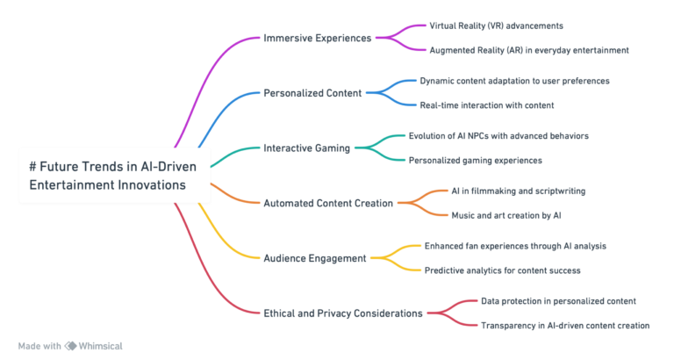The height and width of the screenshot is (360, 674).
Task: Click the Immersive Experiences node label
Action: tap(317, 38)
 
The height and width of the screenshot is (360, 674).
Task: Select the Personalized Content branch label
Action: tap(312, 92)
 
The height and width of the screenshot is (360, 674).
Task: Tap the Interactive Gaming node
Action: tap(306, 148)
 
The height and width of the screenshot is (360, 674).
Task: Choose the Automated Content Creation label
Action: tap(328, 203)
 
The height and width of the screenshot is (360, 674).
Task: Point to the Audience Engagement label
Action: tap(315, 257)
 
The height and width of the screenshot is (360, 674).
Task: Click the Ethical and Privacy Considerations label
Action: tap(342, 313)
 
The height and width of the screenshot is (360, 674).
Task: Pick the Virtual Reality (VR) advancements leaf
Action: tap(496, 26)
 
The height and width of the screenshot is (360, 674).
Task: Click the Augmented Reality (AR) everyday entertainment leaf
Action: tap(528, 50)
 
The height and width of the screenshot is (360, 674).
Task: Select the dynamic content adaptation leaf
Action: tap(514, 81)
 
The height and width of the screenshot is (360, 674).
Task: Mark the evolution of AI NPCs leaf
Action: tap(498, 136)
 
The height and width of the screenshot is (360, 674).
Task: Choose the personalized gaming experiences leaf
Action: tap(475, 161)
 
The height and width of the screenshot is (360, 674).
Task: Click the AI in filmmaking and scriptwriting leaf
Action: tap(518, 191)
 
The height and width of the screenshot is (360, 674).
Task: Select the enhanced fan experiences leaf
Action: tap(516, 246)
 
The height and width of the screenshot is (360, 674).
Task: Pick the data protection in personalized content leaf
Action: tap(558, 300)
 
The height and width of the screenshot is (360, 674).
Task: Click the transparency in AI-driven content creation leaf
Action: tap(565, 325)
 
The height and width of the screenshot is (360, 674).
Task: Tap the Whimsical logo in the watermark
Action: tap(70, 346)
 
